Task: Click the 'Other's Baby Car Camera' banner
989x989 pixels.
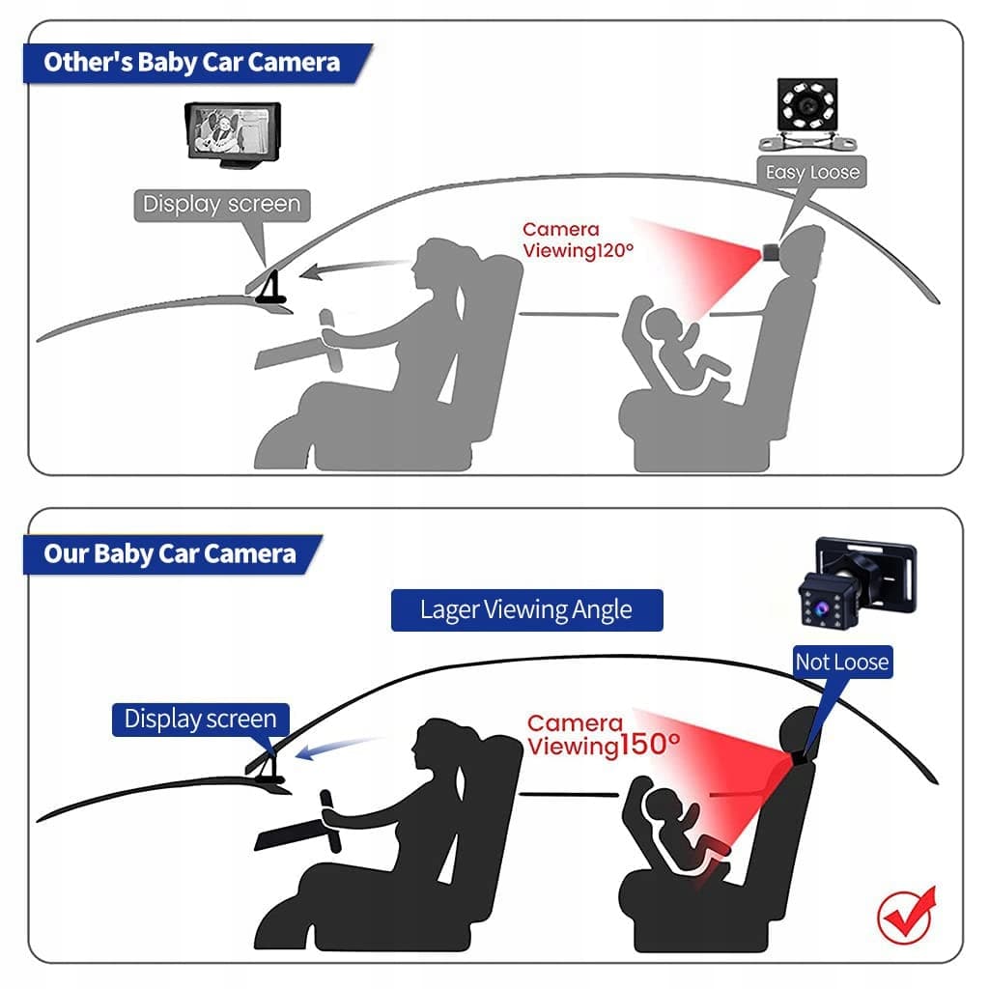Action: tap(197, 63)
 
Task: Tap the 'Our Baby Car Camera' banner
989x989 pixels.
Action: tap(172, 554)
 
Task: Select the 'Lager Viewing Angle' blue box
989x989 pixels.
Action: tap(526, 610)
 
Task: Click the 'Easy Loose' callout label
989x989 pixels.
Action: tap(811, 172)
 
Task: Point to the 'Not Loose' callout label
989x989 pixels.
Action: tap(842, 662)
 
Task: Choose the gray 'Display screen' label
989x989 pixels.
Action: tap(222, 205)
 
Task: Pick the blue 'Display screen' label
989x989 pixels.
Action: tap(201, 719)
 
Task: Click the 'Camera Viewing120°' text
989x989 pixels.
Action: tap(578, 240)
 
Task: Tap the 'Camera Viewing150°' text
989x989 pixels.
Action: tap(603, 734)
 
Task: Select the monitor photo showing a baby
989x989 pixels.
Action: tap(233, 134)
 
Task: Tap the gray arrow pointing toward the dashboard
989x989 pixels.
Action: tap(353, 268)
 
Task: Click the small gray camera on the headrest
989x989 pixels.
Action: tap(771, 252)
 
